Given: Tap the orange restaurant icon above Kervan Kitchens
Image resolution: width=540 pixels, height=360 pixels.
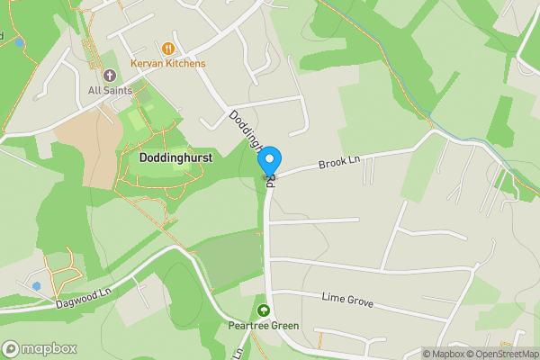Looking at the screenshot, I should (x=167, y=49).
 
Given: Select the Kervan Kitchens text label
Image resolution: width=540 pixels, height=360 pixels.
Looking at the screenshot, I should (x=167, y=64).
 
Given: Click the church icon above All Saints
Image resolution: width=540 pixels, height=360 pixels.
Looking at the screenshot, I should (x=110, y=76).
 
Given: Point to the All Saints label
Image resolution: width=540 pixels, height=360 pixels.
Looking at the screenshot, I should (x=110, y=90).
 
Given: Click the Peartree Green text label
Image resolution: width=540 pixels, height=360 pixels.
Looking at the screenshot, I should (x=263, y=326).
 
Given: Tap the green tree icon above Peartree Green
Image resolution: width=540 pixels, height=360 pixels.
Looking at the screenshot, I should (x=263, y=310).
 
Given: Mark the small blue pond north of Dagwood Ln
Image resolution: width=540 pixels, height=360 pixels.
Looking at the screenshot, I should (x=37, y=285).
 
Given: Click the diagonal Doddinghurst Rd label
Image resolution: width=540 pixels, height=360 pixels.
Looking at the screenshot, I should (x=247, y=135).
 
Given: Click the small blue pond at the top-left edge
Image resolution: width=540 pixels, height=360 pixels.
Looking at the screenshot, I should (x=17, y=40).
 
